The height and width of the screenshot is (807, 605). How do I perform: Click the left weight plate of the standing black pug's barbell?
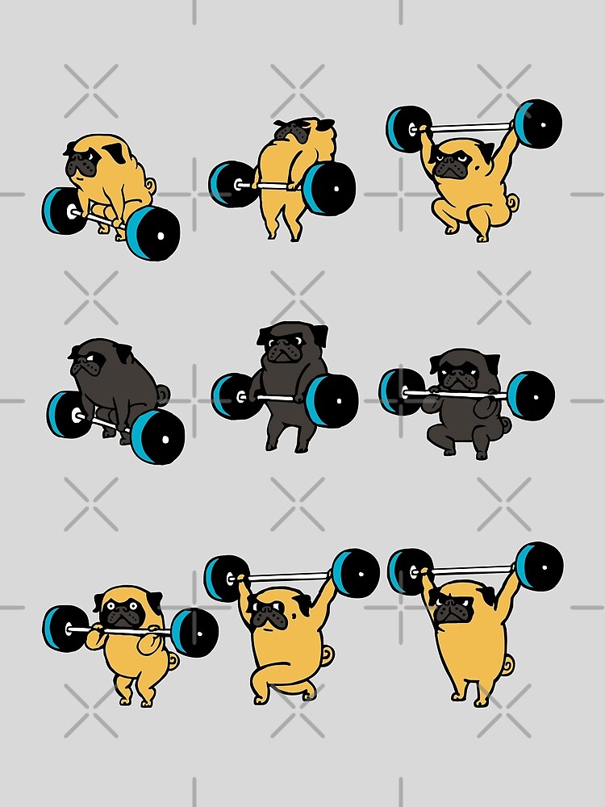point(231,395)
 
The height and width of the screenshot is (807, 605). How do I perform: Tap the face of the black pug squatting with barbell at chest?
point(456,374)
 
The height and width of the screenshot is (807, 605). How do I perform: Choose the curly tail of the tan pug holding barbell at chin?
point(172,660)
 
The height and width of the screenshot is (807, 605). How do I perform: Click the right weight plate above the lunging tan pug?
point(355,572)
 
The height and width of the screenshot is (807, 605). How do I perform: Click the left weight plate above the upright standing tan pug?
point(408,571)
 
